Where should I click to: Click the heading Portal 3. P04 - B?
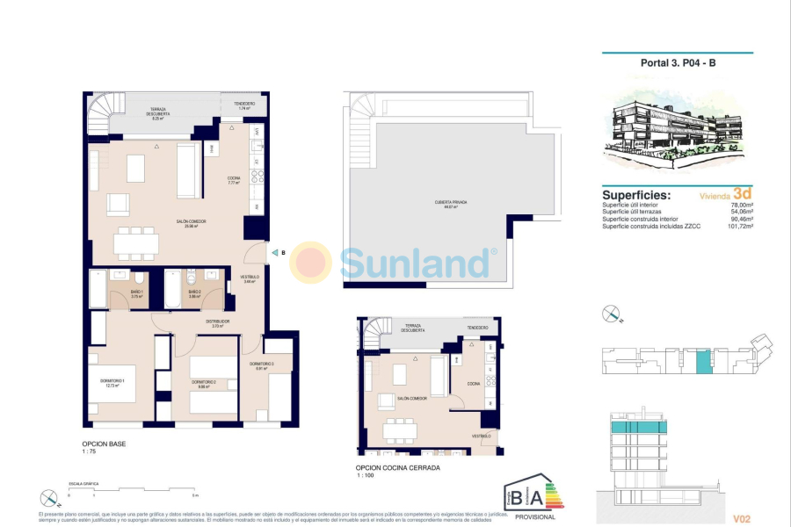tap(678, 62)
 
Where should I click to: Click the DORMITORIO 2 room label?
tap(203, 383)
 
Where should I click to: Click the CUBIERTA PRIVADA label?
tap(449, 203)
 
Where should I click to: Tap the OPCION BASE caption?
tap(104, 444)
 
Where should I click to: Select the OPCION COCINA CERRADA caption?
tap(397, 468)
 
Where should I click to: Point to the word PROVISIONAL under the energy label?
tap(534, 516)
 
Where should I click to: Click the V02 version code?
tap(743, 519)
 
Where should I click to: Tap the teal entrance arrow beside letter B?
tap(273, 253)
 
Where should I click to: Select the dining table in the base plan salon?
tap(135, 241)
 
